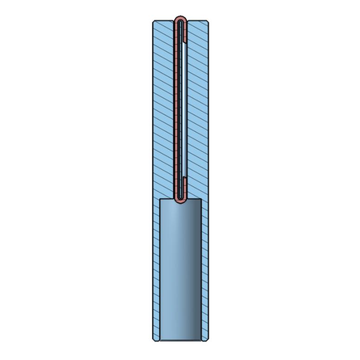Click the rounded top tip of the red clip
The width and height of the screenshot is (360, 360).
[x=180, y=18]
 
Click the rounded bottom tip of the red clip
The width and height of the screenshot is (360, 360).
[x=180, y=201]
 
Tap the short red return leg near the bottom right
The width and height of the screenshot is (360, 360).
[x=184, y=186]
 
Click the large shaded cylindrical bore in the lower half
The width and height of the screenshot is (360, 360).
[x=180, y=269]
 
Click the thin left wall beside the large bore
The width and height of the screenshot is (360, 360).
[x=156, y=269]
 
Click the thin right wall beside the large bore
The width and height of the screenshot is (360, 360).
[x=205, y=269]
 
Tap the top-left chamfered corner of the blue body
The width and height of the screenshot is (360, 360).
[x=154, y=21]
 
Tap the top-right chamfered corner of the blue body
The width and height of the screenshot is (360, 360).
[x=207, y=21]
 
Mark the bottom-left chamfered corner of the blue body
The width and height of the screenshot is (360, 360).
[x=154, y=340]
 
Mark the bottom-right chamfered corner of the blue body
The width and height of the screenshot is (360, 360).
[x=207, y=340]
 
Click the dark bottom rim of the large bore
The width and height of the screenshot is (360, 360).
[x=180, y=340]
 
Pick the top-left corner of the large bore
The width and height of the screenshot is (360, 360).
[x=160, y=199]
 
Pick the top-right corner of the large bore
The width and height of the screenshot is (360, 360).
[x=201, y=199]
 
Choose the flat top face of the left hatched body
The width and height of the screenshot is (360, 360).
[x=164, y=20]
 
